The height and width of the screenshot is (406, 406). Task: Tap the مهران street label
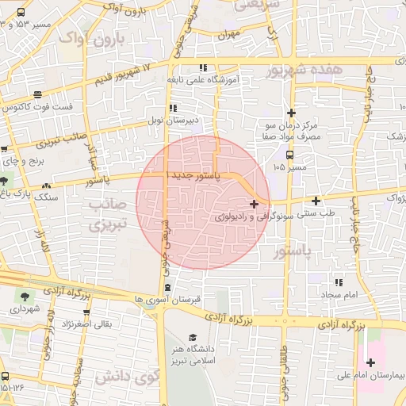pos(231,34)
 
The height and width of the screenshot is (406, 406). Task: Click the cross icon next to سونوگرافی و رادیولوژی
pos(253,205)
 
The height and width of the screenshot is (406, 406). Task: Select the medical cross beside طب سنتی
pos(316,201)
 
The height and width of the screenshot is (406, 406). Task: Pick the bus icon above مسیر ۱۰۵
pos(289,155)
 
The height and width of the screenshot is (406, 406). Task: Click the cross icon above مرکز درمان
pos(292,113)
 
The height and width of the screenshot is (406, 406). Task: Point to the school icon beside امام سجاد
pos(339,282)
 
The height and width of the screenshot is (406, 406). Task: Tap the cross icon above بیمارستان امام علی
pos(370,363)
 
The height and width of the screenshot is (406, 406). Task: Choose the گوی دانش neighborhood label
pos(124,376)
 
